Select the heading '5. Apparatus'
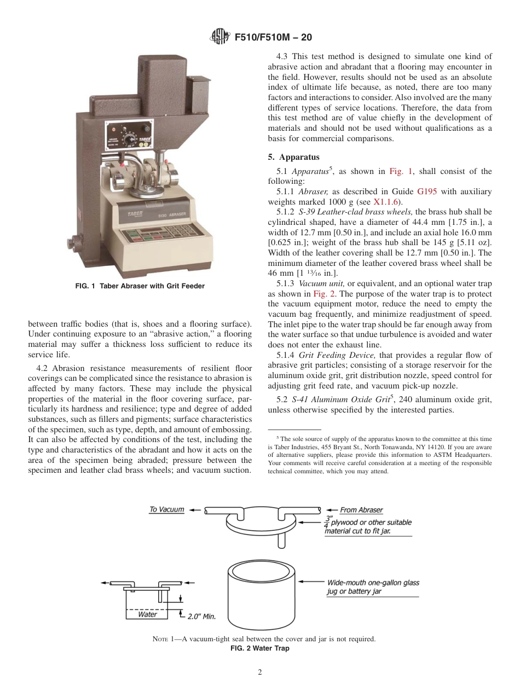click(293, 157)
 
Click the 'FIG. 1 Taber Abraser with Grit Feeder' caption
click(140, 286)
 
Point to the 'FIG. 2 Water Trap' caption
click(259, 648)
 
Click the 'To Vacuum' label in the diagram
click(166, 509)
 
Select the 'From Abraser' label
click(361, 510)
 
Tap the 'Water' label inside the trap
click(147, 614)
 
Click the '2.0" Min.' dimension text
click(201, 617)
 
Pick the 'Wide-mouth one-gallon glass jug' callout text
click(373, 583)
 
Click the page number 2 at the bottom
click(260, 672)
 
